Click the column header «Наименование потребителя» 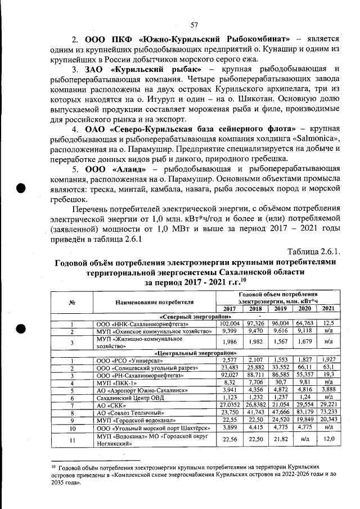[155, 302]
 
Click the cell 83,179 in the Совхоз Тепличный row [304, 412]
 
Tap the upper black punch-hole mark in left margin [21, 188]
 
